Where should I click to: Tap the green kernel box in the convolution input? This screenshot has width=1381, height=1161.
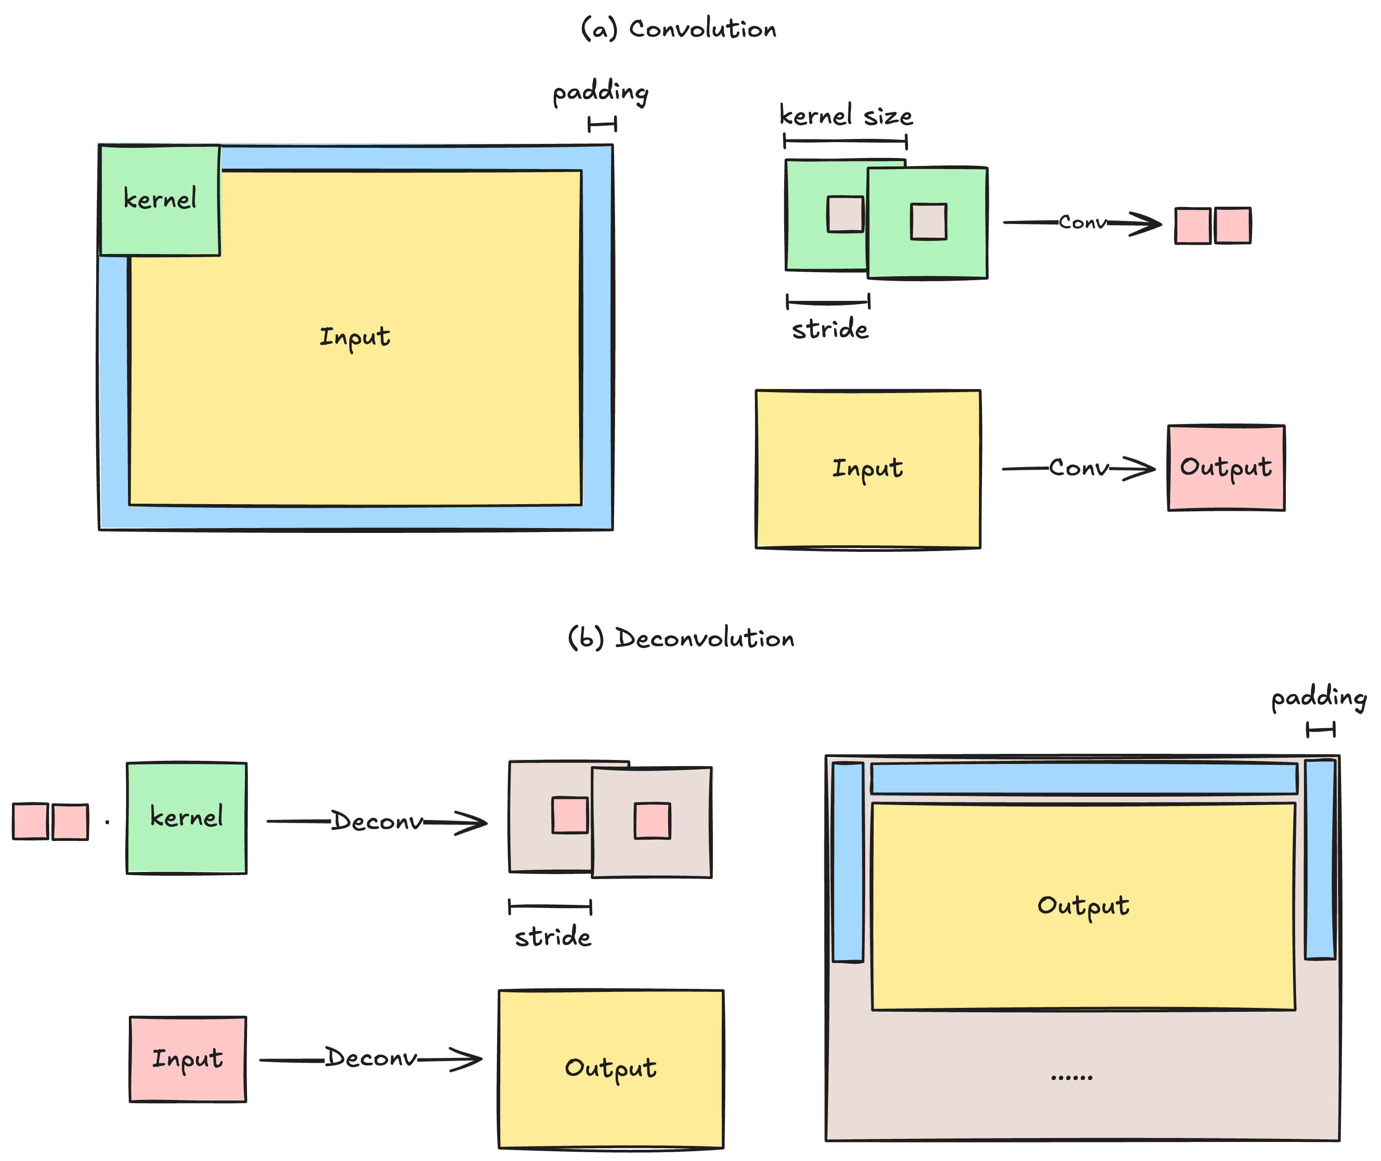pyautogui.click(x=160, y=200)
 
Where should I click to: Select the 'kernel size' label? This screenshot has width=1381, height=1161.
pyautogui.click(x=846, y=116)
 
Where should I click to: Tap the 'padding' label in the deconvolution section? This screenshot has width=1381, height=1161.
pyautogui.click(x=1319, y=698)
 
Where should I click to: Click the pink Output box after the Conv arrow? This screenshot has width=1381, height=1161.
pyautogui.click(x=1226, y=468)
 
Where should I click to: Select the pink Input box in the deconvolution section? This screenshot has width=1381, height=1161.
pyautogui.click(x=188, y=1059)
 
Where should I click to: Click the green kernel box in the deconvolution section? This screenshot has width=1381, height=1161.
pyautogui.click(x=187, y=818)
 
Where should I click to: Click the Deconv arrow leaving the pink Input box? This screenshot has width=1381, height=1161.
pyautogui.click(x=371, y=1059)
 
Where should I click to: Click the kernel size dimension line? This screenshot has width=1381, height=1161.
pyautogui.click(x=845, y=141)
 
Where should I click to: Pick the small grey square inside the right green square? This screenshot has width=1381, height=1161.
pyautogui.click(x=929, y=222)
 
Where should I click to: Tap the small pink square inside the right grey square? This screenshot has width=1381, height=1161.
pyautogui.click(x=652, y=821)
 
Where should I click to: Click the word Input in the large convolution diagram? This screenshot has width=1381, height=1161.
pyautogui.click(x=355, y=337)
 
